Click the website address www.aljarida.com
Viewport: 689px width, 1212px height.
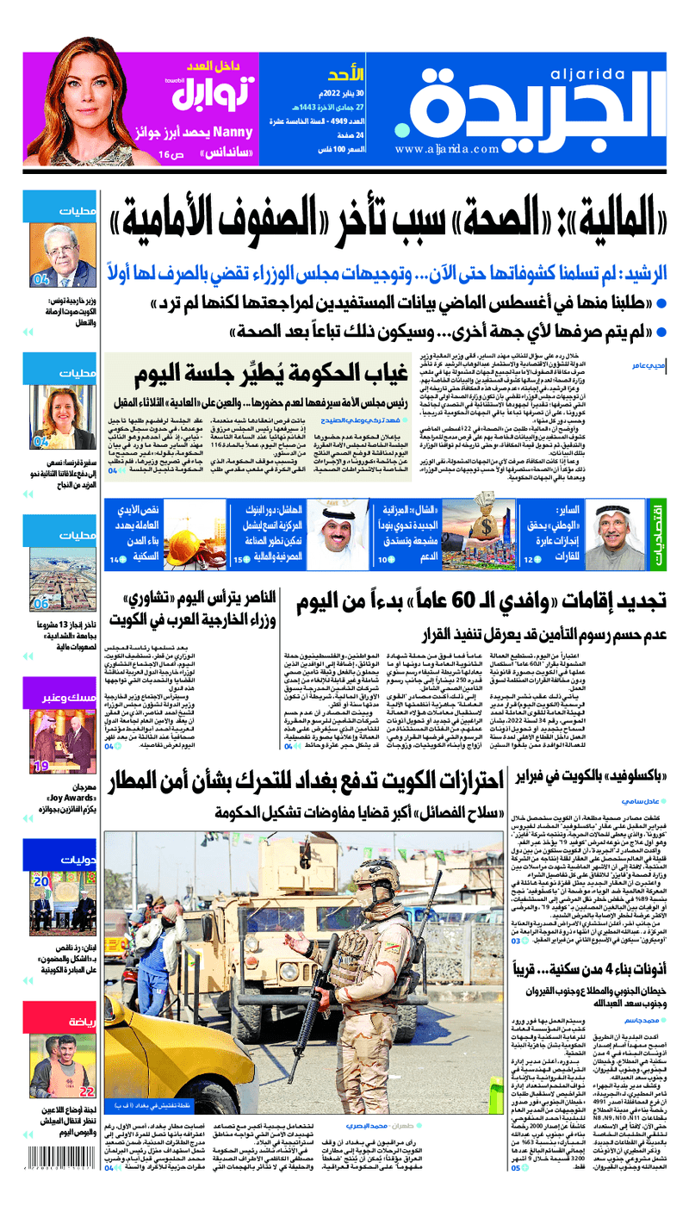point(449,149)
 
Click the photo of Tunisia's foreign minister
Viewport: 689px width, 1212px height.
point(65,256)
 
